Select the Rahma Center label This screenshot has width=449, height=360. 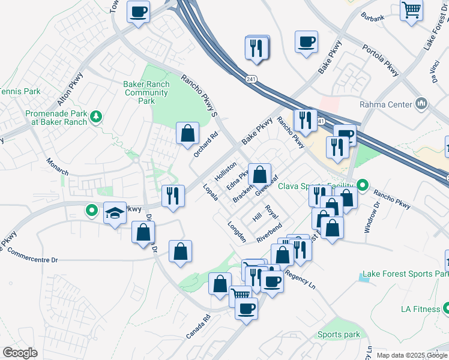click(385, 104)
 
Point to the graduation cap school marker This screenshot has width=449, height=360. click(115, 214)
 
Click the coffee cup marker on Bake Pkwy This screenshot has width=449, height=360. click(306, 42)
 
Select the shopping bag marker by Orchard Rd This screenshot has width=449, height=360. click(188, 133)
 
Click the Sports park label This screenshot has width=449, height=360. click(339, 335)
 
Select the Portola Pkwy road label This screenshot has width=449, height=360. click(379, 61)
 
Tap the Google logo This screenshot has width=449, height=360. click(20, 353)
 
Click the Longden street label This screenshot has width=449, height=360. click(237, 232)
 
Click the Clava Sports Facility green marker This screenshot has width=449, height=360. click(362, 184)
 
